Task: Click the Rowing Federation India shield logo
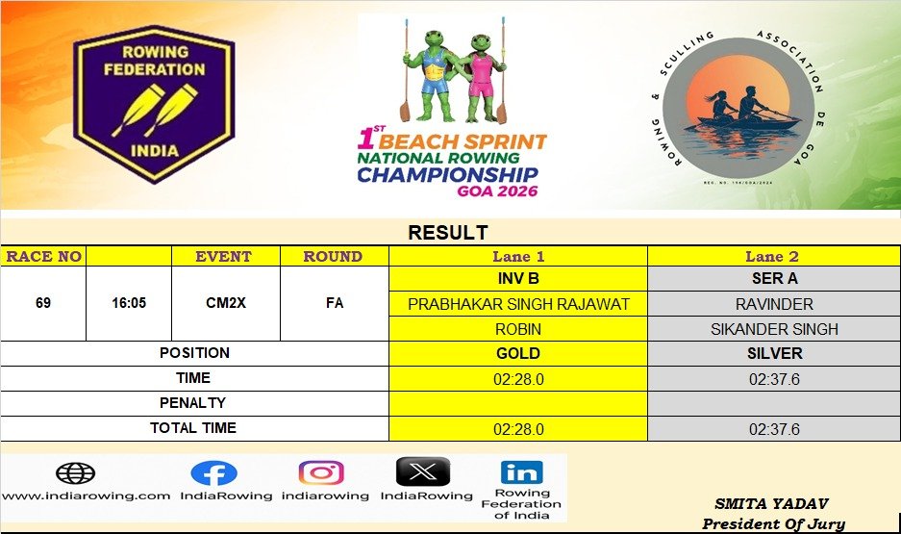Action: [x=154, y=104]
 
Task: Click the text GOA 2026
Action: [x=498, y=191]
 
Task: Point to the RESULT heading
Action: [x=448, y=233]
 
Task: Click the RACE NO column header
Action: [x=43, y=256]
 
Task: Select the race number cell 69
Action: [x=43, y=303]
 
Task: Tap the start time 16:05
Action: [x=129, y=303]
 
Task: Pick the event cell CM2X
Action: [x=226, y=303]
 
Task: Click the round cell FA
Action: [x=335, y=303]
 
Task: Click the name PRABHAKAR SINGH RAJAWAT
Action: [x=518, y=304]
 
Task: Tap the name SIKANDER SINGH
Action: [x=774, y=329]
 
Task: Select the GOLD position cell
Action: [x=518, y=353]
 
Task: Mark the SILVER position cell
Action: [x=774, y=353]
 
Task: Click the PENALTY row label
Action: [x=192, y=403]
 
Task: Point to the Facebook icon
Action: [x=213, y=473]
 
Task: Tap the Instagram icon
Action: [x=321, y=473]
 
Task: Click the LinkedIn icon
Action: [x=521, y=472]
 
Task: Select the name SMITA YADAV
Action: [x=772, y=504]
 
